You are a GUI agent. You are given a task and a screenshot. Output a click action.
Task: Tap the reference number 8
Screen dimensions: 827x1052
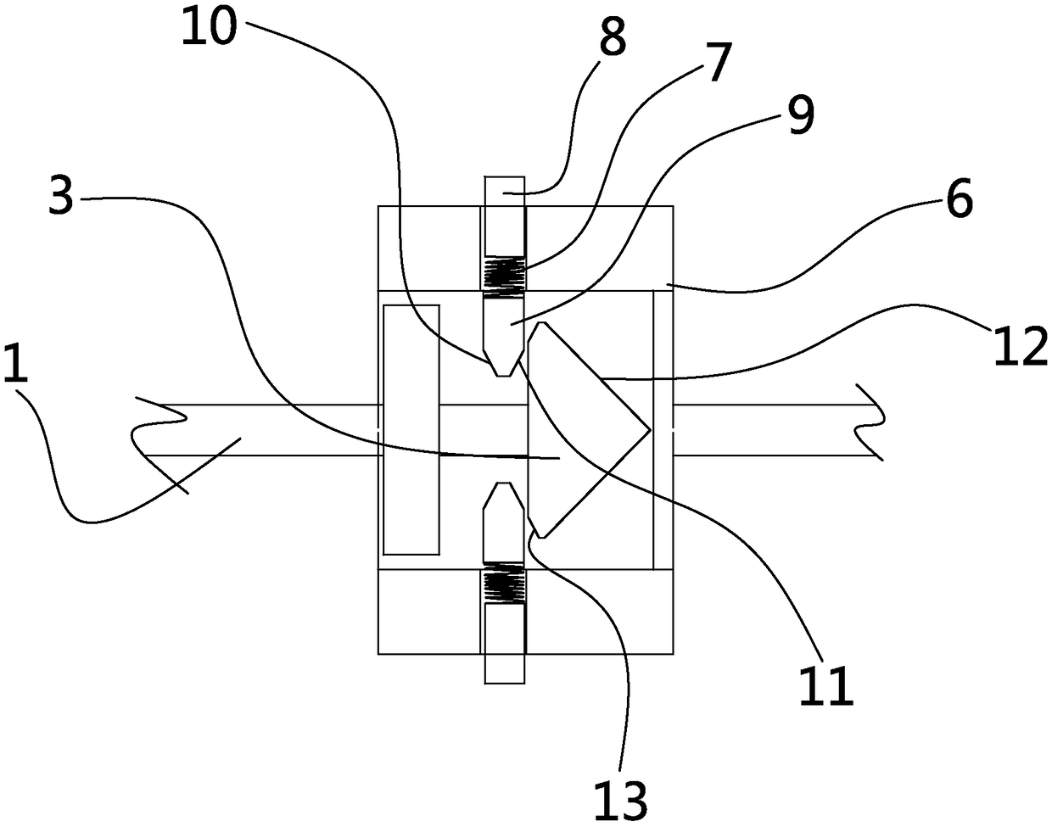(x=612, y=36)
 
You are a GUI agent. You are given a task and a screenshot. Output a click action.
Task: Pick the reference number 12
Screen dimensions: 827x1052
(x=1022, y=346)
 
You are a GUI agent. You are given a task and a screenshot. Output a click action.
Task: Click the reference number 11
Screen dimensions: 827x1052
(x=825, y=687)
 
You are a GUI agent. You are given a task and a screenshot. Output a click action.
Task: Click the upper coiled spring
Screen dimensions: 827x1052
(x=505, y=276)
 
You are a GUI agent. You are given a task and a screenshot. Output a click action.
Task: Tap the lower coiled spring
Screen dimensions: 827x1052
(x=505, y=585)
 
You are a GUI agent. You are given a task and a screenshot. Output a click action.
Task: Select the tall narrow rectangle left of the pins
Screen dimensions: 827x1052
(x=411, y=429)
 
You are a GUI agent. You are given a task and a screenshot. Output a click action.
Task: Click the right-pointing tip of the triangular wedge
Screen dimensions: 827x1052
(x=649, y=430)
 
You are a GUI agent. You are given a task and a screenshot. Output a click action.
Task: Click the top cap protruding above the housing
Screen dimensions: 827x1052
(x=505, y=192)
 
